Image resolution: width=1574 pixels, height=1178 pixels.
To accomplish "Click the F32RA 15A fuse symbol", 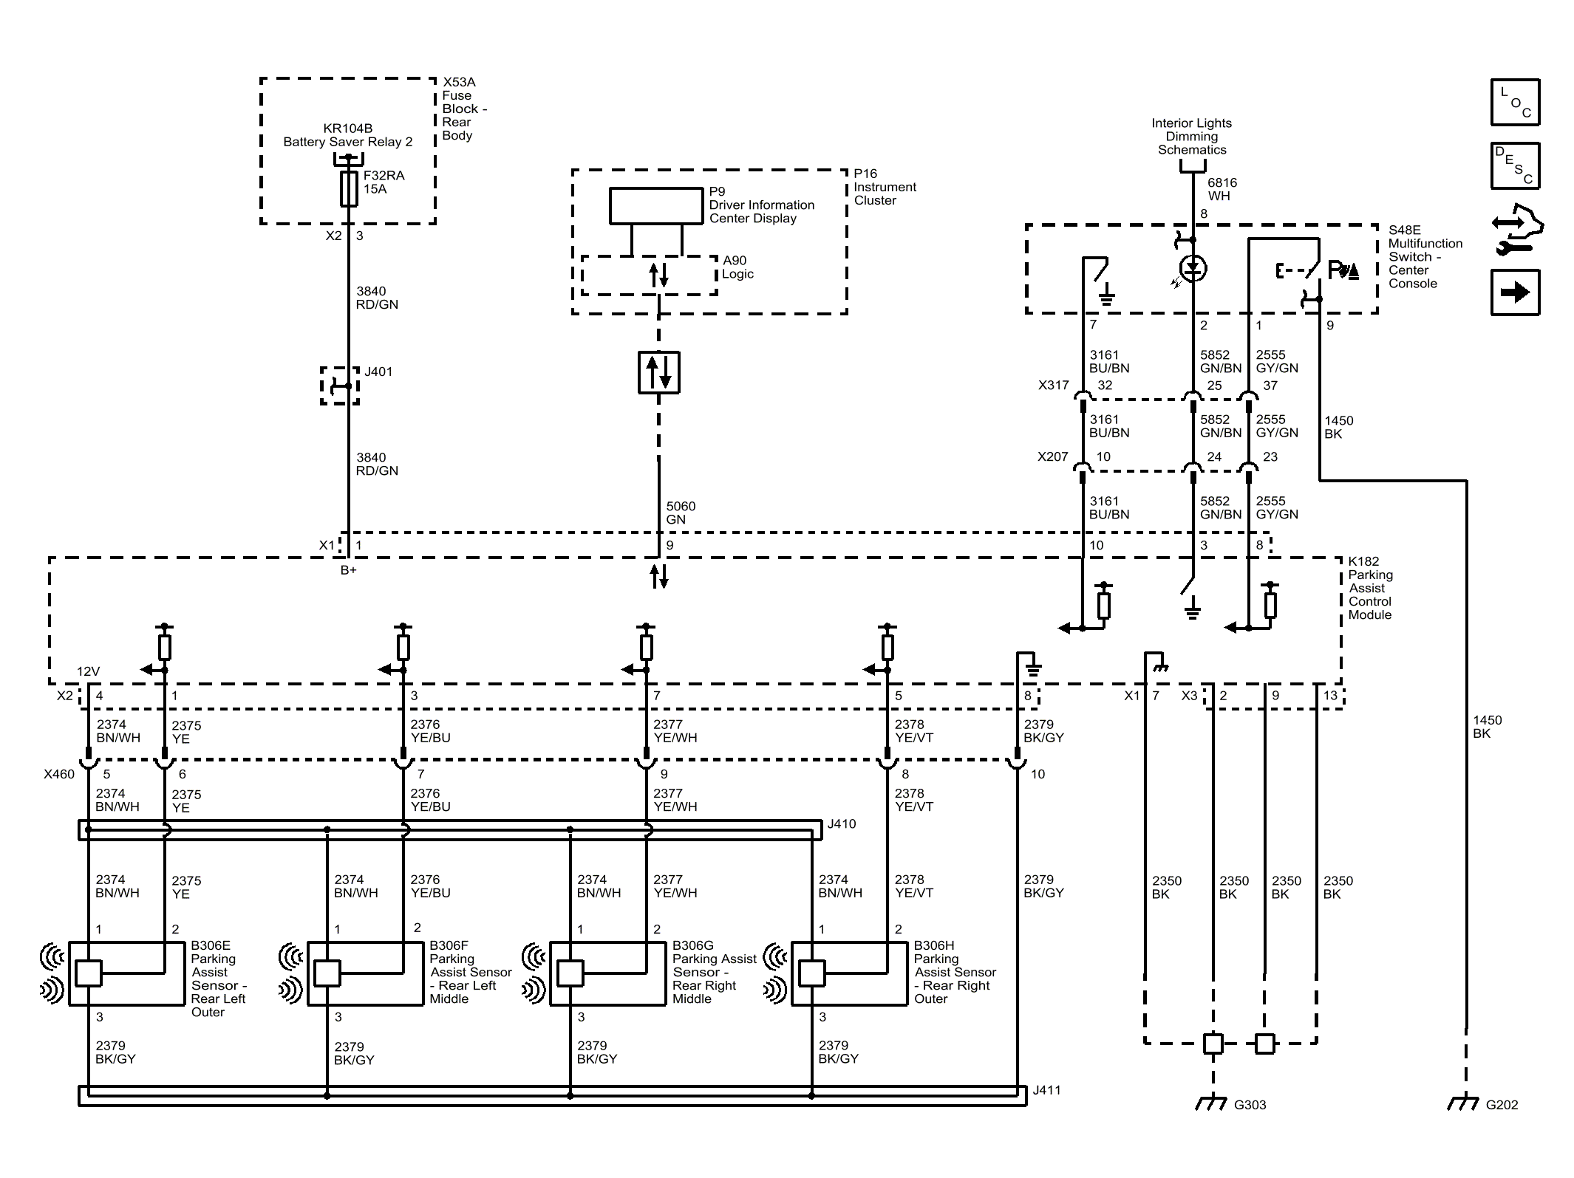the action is tap(349, 188).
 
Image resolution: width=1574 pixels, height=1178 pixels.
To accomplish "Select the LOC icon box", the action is tap(1515, 101).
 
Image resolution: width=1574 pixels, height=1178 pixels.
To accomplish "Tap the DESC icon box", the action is tap(1515, 165).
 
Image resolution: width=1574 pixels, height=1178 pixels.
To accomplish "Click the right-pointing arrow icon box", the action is tap(1515, 292).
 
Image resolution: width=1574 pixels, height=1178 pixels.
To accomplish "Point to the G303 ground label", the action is tap(1250, 1105).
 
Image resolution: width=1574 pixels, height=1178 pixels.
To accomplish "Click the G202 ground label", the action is tap(1502, 1105).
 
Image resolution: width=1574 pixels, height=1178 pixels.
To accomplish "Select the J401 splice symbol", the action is tap(340, 386).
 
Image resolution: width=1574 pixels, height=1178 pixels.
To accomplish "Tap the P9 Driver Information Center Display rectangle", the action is tap(655, 205).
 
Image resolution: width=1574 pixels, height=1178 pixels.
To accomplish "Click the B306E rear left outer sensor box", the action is tap(126, 973).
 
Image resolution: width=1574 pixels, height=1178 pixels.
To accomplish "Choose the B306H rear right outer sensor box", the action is tap(849, 973).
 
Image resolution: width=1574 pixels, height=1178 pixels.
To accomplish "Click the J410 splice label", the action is tap(842, 823).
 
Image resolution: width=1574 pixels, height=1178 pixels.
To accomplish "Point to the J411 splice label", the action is tap(1046, 1090).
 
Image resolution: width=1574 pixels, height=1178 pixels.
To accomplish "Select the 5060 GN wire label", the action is tap(681, 513).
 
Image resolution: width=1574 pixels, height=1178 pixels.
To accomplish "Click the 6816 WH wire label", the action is tap(1222, 189).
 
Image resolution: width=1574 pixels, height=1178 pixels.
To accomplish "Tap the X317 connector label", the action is tap(1053, 385).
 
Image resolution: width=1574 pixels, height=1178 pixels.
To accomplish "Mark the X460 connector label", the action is tap(59, 774).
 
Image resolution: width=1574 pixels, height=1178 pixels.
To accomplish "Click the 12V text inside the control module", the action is tap(88, 671).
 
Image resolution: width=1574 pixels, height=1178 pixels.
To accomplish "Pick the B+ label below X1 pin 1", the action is tap(348, 570).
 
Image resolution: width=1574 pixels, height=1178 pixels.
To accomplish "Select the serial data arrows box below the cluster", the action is tap(659, 372).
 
